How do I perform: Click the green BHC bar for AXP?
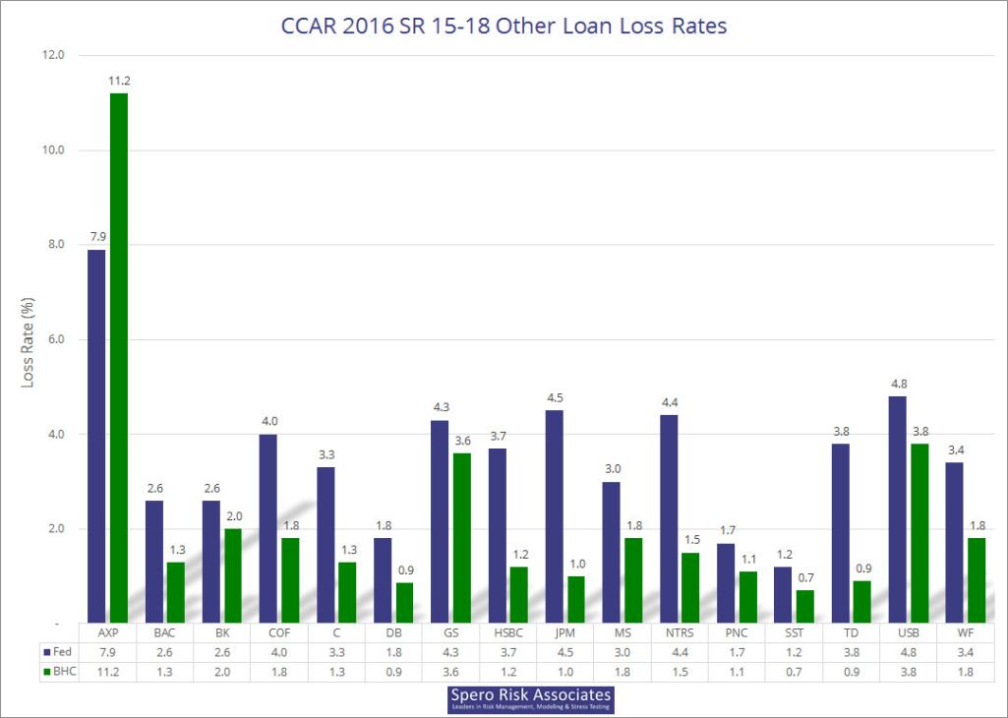tap(119, 358)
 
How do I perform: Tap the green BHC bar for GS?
tap(462, 538)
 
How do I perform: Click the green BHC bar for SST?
tap(805, 606)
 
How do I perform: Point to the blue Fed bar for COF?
tap(268, 528)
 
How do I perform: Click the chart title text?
tap(504, 27)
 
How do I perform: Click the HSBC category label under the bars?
tap(507, 631)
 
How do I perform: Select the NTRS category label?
tap(680, 631)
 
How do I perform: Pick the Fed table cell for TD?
tap(852, 651)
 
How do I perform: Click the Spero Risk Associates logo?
tap(530, 698)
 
